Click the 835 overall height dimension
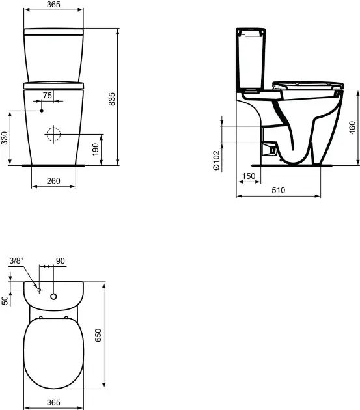click(112, 99)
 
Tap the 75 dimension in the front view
click(48, 96)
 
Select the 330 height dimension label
click(5, 138)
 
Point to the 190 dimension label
click(96, 149)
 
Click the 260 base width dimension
click(53, 181)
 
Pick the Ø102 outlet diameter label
click(217, 160)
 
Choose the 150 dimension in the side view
click(249, 176)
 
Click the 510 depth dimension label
click(279, 190)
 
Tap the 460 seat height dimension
click(353, 128)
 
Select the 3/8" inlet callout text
click(16, 261)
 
